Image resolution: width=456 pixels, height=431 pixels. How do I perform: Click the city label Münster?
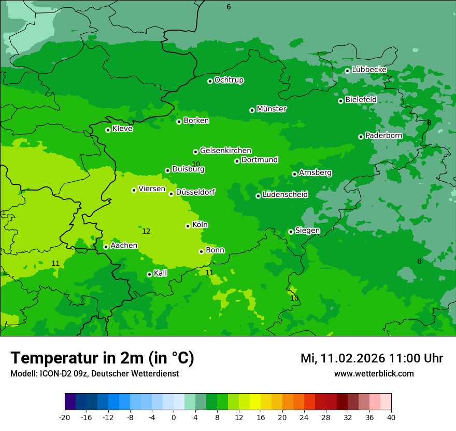272,109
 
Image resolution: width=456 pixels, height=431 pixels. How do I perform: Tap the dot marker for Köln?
188,226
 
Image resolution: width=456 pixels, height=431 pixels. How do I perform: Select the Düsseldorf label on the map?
195,192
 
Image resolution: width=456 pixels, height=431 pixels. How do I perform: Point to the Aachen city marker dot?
106,247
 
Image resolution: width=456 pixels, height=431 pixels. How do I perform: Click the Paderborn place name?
384,136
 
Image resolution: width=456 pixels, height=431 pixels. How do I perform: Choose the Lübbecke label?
369,70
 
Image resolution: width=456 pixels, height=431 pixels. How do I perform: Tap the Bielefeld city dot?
340,101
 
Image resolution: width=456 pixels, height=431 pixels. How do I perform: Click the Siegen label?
307,231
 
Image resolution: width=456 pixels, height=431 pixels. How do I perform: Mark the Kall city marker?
149,274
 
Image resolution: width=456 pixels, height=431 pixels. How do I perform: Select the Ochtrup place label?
229,80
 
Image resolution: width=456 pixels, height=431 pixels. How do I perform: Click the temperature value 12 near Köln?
146,231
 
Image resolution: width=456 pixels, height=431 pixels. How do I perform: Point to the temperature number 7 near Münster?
289,79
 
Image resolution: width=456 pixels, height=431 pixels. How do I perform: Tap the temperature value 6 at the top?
229,7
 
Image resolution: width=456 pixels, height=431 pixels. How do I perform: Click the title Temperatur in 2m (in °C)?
102,358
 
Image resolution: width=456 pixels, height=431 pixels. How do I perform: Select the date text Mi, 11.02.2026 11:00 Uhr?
372,358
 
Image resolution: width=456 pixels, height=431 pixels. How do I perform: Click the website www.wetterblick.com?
374,373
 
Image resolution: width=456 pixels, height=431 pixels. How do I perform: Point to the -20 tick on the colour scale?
65,417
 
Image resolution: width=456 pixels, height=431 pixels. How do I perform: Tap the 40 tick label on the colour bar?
391,417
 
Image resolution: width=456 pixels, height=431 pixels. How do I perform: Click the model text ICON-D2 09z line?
94,373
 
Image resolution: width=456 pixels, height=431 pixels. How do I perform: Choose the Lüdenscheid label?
285,195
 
